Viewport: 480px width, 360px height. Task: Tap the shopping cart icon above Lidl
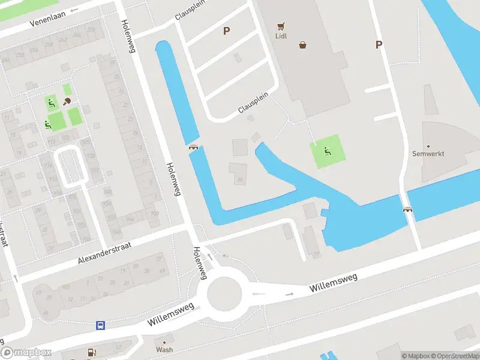[280, 26]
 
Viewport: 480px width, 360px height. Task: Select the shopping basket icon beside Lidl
[303, 44]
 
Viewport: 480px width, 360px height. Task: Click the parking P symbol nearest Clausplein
[226, 31]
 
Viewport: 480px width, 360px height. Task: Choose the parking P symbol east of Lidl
[378, 44]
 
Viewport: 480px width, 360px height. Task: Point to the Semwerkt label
[428, 154]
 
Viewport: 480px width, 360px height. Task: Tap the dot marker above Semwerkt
[428, 146]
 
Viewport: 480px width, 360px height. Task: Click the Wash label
[164, 349]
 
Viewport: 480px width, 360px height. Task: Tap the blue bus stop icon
[100, 326]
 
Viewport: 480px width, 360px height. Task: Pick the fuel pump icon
[91, 353]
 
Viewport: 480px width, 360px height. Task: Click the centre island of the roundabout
[224, 295]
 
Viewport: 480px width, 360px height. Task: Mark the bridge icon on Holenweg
[193, 147]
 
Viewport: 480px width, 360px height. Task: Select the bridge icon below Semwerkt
[409, 209]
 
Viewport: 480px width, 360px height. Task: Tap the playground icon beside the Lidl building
[327, 151]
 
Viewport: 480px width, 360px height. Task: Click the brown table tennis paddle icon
[67, 101]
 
